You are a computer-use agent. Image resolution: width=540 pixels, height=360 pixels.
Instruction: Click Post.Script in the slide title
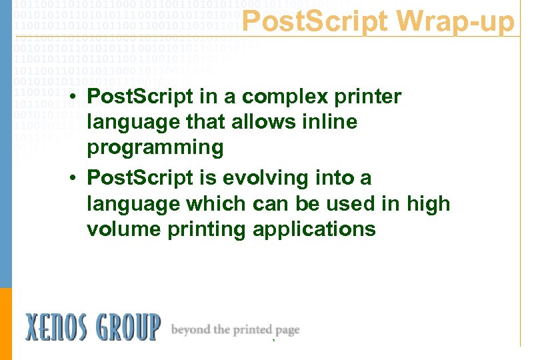click(314, 22)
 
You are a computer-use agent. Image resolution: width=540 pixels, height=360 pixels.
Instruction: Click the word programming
click(155, 147)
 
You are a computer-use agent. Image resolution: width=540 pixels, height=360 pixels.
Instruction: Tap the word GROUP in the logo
click(133, 327)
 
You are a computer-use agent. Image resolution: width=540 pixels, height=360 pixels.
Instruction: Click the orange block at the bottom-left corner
click(6, 323)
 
